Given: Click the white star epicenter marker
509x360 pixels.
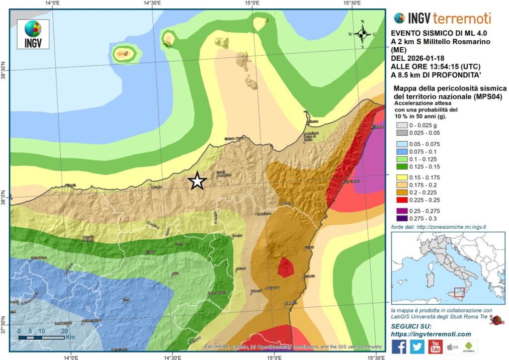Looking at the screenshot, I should (x=197, y=181).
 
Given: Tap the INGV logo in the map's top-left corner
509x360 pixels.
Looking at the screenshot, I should (x=33, y=34).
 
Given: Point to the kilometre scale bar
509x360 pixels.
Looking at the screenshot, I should (x=42, y=338).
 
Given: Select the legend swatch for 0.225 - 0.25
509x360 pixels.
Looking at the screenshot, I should (x=400, y=200).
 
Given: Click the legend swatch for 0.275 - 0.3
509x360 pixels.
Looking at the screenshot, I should (x=400, y=219).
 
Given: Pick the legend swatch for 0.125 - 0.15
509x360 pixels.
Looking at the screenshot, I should (x=400, y=167).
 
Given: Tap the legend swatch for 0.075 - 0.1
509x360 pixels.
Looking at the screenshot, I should (x=400, y=152).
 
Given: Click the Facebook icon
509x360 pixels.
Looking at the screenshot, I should (x=399, y=347).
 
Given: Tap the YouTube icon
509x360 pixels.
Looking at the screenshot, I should (x=435, y=347).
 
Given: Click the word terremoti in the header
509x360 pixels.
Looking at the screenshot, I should (x=462, y=19).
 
